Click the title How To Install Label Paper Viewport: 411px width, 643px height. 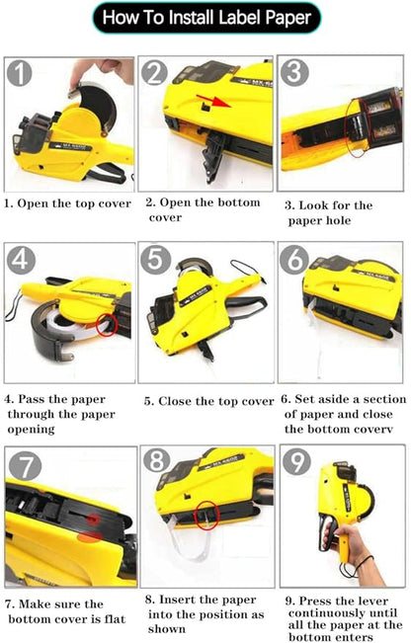pos(206,18)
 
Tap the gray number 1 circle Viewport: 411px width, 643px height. pos(20,73)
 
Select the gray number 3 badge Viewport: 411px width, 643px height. pos(294,72)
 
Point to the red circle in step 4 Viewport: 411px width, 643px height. pos(107,325)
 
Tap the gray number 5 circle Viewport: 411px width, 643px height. pos(154,259)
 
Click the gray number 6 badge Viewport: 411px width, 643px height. pos(294,259)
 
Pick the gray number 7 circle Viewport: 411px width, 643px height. pos(25,465)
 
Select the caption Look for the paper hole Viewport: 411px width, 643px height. pos(329,212)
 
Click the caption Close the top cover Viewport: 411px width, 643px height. pos(215,401)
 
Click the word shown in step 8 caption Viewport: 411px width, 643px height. pos(167,628)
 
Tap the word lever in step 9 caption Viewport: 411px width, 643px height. pos(372,601)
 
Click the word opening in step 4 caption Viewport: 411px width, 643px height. pos(32,430)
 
